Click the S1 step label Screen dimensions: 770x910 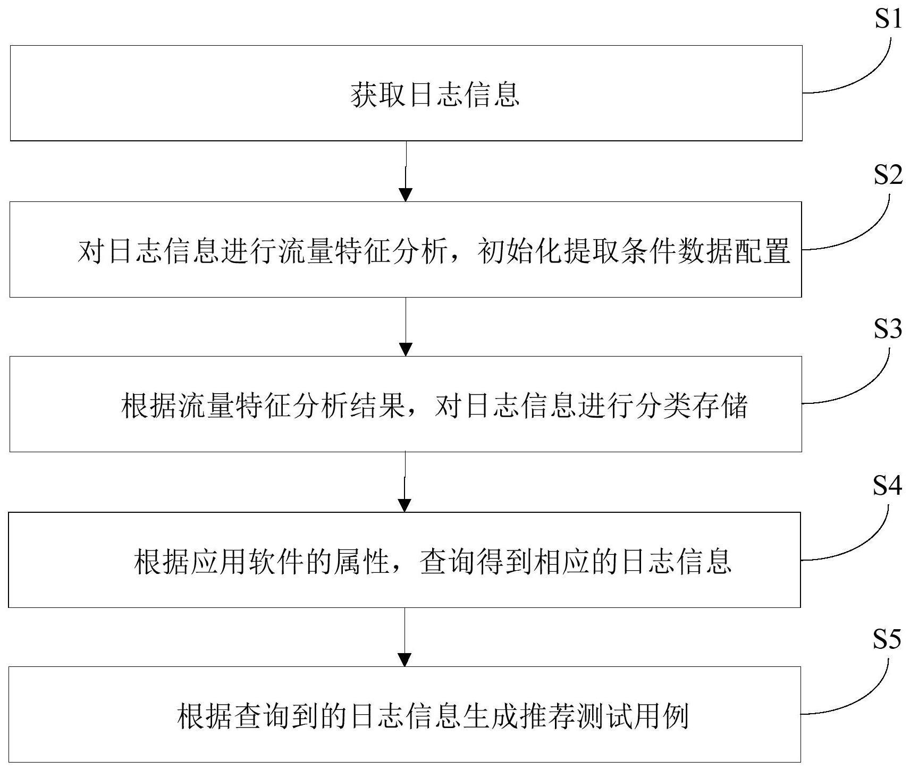pos(888,20)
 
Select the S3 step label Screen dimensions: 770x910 pos(888,329)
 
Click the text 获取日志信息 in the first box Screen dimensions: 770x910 pos(435,96)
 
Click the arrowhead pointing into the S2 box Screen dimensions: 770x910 pos(406,194)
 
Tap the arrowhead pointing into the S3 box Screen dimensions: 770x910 pos(406,349)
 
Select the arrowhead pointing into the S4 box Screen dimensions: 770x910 pos(405,505)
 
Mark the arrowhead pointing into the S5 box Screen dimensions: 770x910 pos(405,659)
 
